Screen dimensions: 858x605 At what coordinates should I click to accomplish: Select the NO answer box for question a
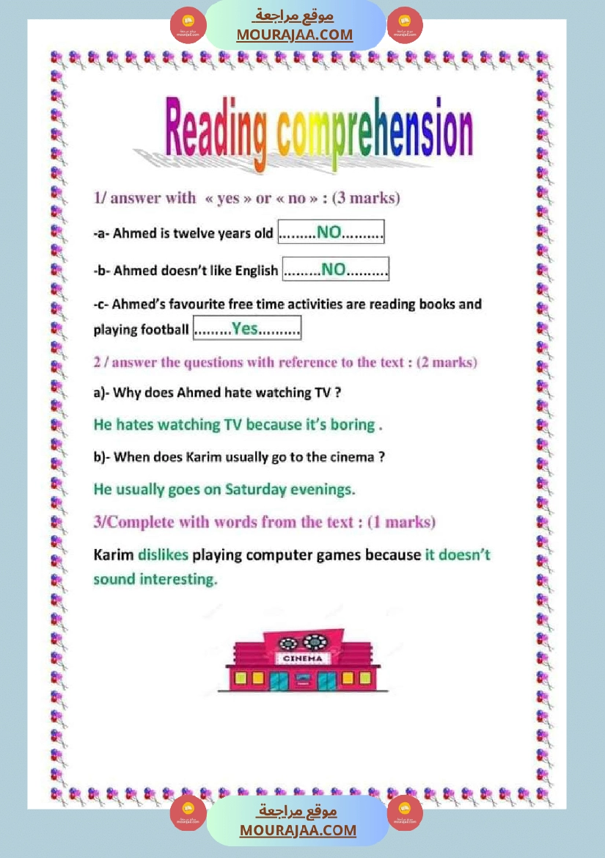(x=330, y=233)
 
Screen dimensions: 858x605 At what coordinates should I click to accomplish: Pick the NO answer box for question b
(x=335, y=269)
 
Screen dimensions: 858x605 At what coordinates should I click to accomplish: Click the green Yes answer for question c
(x=246, y=329)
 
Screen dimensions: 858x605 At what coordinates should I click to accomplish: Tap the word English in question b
(x=257, y=271)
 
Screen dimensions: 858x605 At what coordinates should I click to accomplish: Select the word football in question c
(x=165, y=330)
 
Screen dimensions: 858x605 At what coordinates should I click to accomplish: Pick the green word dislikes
(x=163, y=555)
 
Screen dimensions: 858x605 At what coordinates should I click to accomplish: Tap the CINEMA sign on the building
(x=302, y=658)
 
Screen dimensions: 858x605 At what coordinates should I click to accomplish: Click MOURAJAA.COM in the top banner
(x=294, y=34)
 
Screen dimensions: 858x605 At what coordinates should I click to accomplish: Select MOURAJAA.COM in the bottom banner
(x=298, y=830)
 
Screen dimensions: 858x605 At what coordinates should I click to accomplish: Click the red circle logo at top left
(x=188, y=25)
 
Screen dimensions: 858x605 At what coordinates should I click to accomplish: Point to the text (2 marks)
(x=447, y=363)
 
